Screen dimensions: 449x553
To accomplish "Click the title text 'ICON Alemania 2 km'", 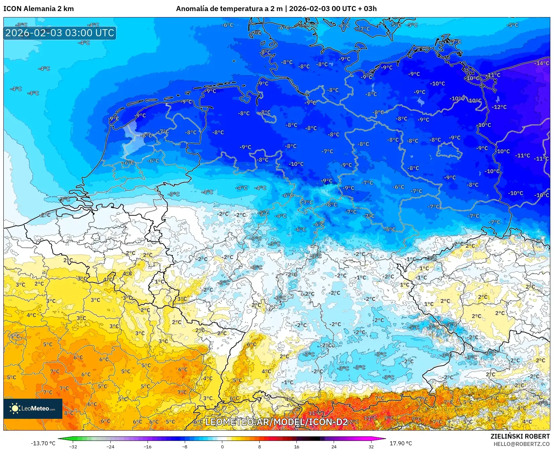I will click(x=39, y=9).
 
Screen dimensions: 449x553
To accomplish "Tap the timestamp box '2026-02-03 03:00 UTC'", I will click(x=60, y=33).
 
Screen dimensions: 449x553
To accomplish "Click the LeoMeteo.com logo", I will click(x=33, y=408).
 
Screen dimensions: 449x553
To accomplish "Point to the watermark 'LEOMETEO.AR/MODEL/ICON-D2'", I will click(x=276, y=422).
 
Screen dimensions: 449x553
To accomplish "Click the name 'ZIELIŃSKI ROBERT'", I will click(x=520, y=436).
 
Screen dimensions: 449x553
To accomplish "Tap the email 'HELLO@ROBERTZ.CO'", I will click(x=521, y=444).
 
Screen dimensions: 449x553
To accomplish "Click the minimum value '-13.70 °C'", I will click(x=43, y=443).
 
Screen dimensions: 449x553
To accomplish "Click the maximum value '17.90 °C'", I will click(x=401, y=443).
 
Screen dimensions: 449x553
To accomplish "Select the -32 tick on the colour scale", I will click(x=73, y=446).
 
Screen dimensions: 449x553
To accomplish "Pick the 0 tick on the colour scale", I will click(x=222, y=446).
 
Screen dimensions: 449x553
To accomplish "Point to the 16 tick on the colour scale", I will click(x=296, y=446).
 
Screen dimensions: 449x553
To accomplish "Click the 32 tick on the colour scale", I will click(x=371, y=446).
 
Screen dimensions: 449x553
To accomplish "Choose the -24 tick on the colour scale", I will click(x=110, y=446).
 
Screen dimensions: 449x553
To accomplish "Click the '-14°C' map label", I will click(x=542, y=63).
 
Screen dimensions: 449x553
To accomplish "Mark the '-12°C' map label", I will click(x=499, y=107).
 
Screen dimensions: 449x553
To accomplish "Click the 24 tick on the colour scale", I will click(x=334, y=446).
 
